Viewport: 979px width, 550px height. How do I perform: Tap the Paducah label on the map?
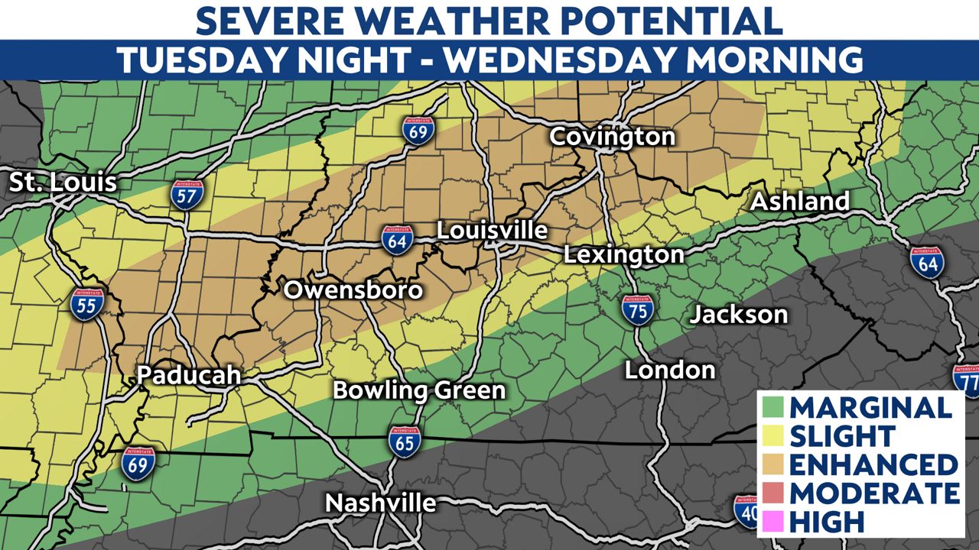pyautogui.click(x=189, y=375)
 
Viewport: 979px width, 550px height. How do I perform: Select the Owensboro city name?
pyautogui.click(x=353, y=290)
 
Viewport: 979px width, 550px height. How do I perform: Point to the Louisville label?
pyautogui.click(x=492, y=231)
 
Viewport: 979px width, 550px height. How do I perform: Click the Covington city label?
pyautogui.click(x=612, y=137)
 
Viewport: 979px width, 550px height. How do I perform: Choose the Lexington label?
pyautogui.click(x=623, y=254)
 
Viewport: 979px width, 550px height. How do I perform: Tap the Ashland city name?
pyautogui.click(x=800, y=202)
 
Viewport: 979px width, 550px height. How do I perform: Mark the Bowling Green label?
pyautogui.click(x=419, y=390)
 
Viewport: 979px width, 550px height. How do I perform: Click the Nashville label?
pyautogui.click(x=380, y=503)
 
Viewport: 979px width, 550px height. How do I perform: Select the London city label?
pyautogui.click(x=670, y=370)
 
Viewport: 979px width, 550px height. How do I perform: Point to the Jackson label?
pyautogui.click(x=738, y=314)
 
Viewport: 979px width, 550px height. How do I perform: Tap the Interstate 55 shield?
pyautogui.click(x=86, y=304)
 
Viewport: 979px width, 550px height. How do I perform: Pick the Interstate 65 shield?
pyautogui.click(x=403, y=442)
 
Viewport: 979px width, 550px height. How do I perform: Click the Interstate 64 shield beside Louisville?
pyautogui.click(x=398, y=238)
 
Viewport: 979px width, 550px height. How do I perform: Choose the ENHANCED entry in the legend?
pyautogui.click(x=873, y=464)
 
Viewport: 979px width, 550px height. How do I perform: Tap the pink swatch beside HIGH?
pyautogui.click(x=772, y=522)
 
